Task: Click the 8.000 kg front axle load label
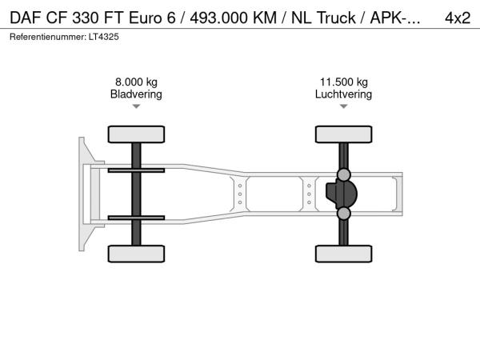[136, 82]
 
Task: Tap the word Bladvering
[136, 94]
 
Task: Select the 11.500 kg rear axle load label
[344, 82]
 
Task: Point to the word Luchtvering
[343, 94]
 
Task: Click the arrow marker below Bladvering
[136, 106]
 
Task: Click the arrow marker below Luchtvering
[344, 106]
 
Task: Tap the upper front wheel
[136, 134]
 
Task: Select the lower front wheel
[136, 254]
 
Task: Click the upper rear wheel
[344, 134]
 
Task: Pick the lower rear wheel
[344, 254]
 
